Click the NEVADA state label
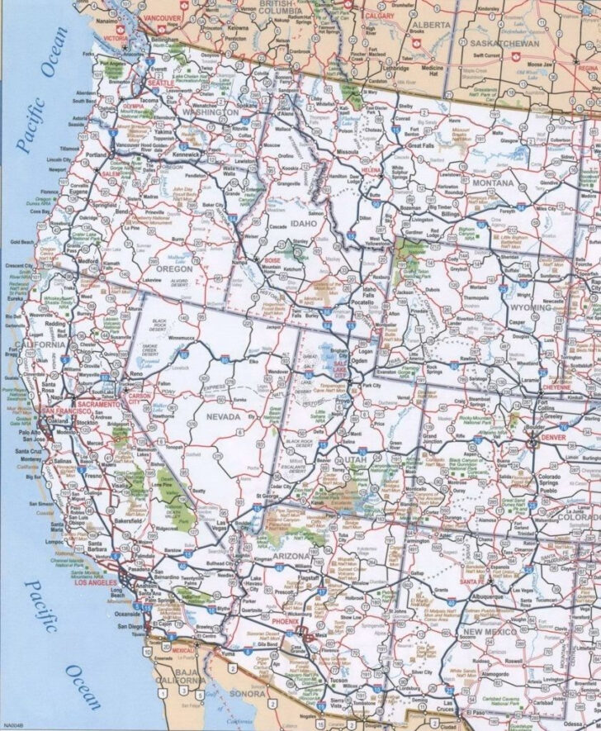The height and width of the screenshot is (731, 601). pos(222,417)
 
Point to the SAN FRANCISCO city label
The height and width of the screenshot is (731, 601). pos(59,411)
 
